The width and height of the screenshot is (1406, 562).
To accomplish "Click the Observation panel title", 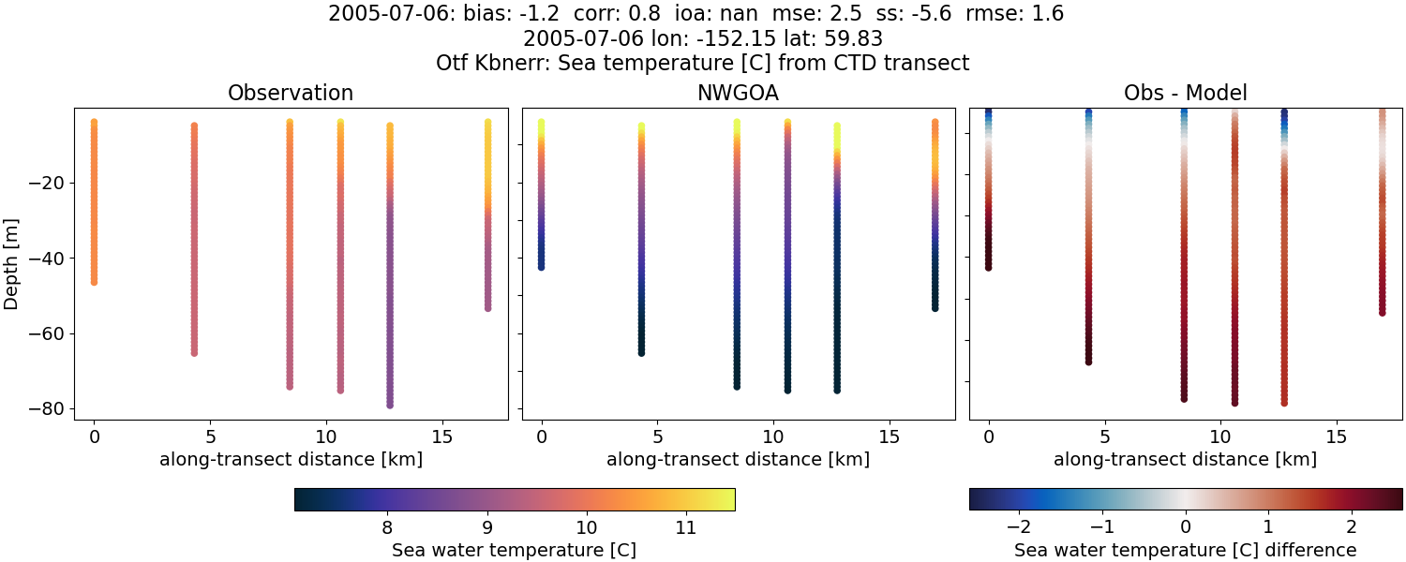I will pos(291,94).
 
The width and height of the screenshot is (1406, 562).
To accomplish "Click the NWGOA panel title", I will pos(738,94).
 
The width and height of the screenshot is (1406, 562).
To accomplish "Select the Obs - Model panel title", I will pos(1185,94).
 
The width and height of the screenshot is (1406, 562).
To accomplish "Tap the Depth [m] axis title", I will pos(12,264).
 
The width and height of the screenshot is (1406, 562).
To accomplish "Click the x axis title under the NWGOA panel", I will pos(738,460).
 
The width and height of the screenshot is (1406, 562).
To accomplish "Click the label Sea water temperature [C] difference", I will pos(1185,550).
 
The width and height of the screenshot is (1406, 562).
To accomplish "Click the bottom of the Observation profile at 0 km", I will pos(94,281).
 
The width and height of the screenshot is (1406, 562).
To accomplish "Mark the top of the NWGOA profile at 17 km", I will pos(935,122).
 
